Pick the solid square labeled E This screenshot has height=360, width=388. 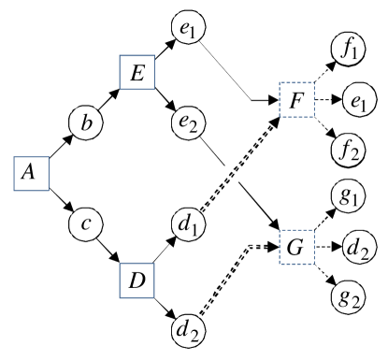137,73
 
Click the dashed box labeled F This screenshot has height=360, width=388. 298,100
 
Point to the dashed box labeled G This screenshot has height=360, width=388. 298,250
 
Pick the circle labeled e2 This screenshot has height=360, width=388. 190,122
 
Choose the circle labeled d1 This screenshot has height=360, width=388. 190,225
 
